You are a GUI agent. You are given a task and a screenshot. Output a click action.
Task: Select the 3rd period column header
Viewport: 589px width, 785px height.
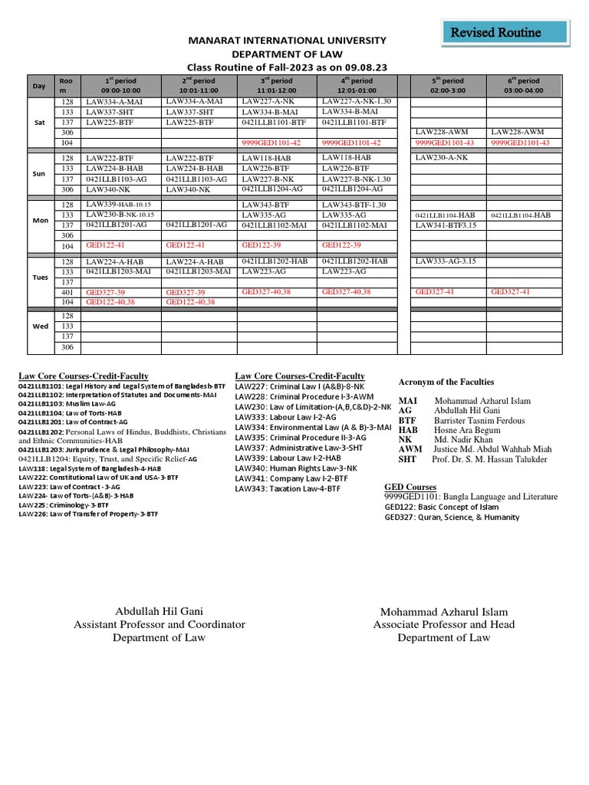tap(275, 85)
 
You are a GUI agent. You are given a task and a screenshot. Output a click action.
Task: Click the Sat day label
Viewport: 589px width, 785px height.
tap(40, 122)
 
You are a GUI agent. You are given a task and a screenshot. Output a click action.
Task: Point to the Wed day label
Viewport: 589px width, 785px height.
tap(40, 326)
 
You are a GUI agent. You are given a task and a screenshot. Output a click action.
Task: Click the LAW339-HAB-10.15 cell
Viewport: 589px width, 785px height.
tap(118, 205)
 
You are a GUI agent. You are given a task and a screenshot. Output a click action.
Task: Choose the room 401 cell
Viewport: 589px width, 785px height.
tap(67, 292)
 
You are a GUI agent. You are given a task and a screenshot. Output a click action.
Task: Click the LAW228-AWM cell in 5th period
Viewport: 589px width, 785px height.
tap(441, 132)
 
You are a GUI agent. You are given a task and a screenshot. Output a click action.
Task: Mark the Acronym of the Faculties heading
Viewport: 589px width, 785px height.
tap(446, 382)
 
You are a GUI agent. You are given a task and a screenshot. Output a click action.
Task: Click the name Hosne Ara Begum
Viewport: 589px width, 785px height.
tap(469, 430)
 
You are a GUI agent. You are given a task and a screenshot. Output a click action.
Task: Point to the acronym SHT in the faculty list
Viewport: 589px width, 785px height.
tap(407, 459)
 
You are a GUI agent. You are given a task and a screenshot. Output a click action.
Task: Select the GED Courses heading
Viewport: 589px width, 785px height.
tap(410, 487)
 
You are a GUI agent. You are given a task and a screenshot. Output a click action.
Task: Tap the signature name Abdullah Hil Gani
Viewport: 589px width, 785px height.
tap(159, 611)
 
